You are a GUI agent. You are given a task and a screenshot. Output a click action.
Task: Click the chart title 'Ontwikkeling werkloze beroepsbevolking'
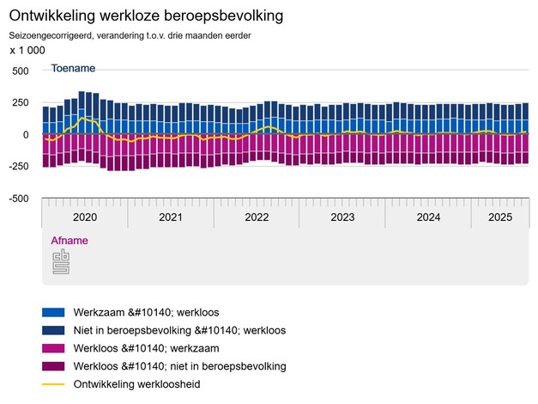(x=146, y=16)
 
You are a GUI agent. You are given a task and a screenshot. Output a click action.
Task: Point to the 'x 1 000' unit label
(x=27, y=51)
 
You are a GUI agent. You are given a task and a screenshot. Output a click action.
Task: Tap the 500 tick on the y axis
(x=20, y=71)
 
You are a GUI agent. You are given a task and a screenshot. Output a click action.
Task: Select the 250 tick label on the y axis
(x=20, y=103)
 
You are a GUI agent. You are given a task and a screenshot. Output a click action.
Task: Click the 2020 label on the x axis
(x=85, y=217)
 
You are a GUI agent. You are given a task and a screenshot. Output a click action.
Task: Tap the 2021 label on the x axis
(x=171, y=217)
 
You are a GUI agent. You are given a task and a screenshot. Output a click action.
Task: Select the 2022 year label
(x=257, y=217)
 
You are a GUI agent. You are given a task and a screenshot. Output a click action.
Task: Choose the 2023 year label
(x=342, y=217)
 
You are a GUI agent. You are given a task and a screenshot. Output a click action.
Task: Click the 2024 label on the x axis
(x=428, y=217)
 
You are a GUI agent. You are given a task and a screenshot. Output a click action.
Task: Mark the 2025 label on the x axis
(x=499, y=217)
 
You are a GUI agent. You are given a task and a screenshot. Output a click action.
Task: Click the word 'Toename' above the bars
(x=73, y=68)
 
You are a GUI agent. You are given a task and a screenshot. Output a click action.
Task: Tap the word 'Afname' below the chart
(x=70, y=241)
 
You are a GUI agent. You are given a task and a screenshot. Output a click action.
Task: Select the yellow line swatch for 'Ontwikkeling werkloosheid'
(x=53, y=384)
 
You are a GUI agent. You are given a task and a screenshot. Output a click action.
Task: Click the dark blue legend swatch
(x=53, y=330)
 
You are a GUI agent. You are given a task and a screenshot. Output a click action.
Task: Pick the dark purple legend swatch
(x=53, y=366)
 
